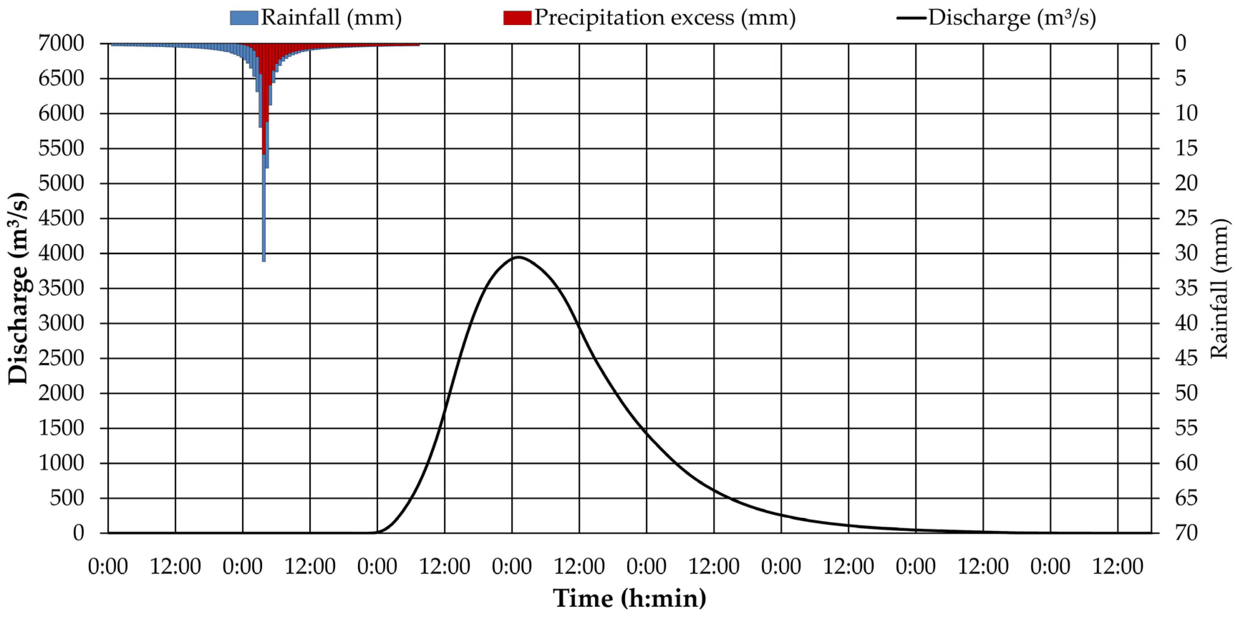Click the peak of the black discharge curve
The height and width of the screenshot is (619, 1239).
pyautogui.click(x=518, y=257)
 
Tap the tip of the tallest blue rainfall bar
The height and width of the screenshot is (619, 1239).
pyautogui.click(x=263, y=260)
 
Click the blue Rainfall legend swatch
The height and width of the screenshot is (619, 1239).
pyautogui.click(x=244, y=18)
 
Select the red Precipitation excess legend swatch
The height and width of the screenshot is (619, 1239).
pyautogui.click(x=517, y=18)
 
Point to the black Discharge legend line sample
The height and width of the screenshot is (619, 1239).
pyautogui.click(x=911, y=18)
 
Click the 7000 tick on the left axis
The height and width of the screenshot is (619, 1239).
pyautogui.click(x=61, y=44)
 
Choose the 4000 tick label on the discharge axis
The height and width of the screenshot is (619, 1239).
pyautogui.click(x=61, y=253)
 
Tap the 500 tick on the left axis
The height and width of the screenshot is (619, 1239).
pyautogui.click(x=67, y=498)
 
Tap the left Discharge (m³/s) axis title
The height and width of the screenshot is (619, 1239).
pyautogui.click(x=18, y=289)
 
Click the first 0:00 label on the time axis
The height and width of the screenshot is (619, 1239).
pyautogui.click(x=108, y=567)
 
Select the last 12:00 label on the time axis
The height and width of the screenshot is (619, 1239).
pyautogui.click(x=1118, y=567)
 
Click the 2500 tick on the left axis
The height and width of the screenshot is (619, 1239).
pyautogui.click(x=61, y=358)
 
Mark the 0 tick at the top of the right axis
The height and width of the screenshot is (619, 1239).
pyautogui.click(x=1180, y=44)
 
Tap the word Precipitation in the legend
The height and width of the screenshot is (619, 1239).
pyautogui.click(x=599, y=18)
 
